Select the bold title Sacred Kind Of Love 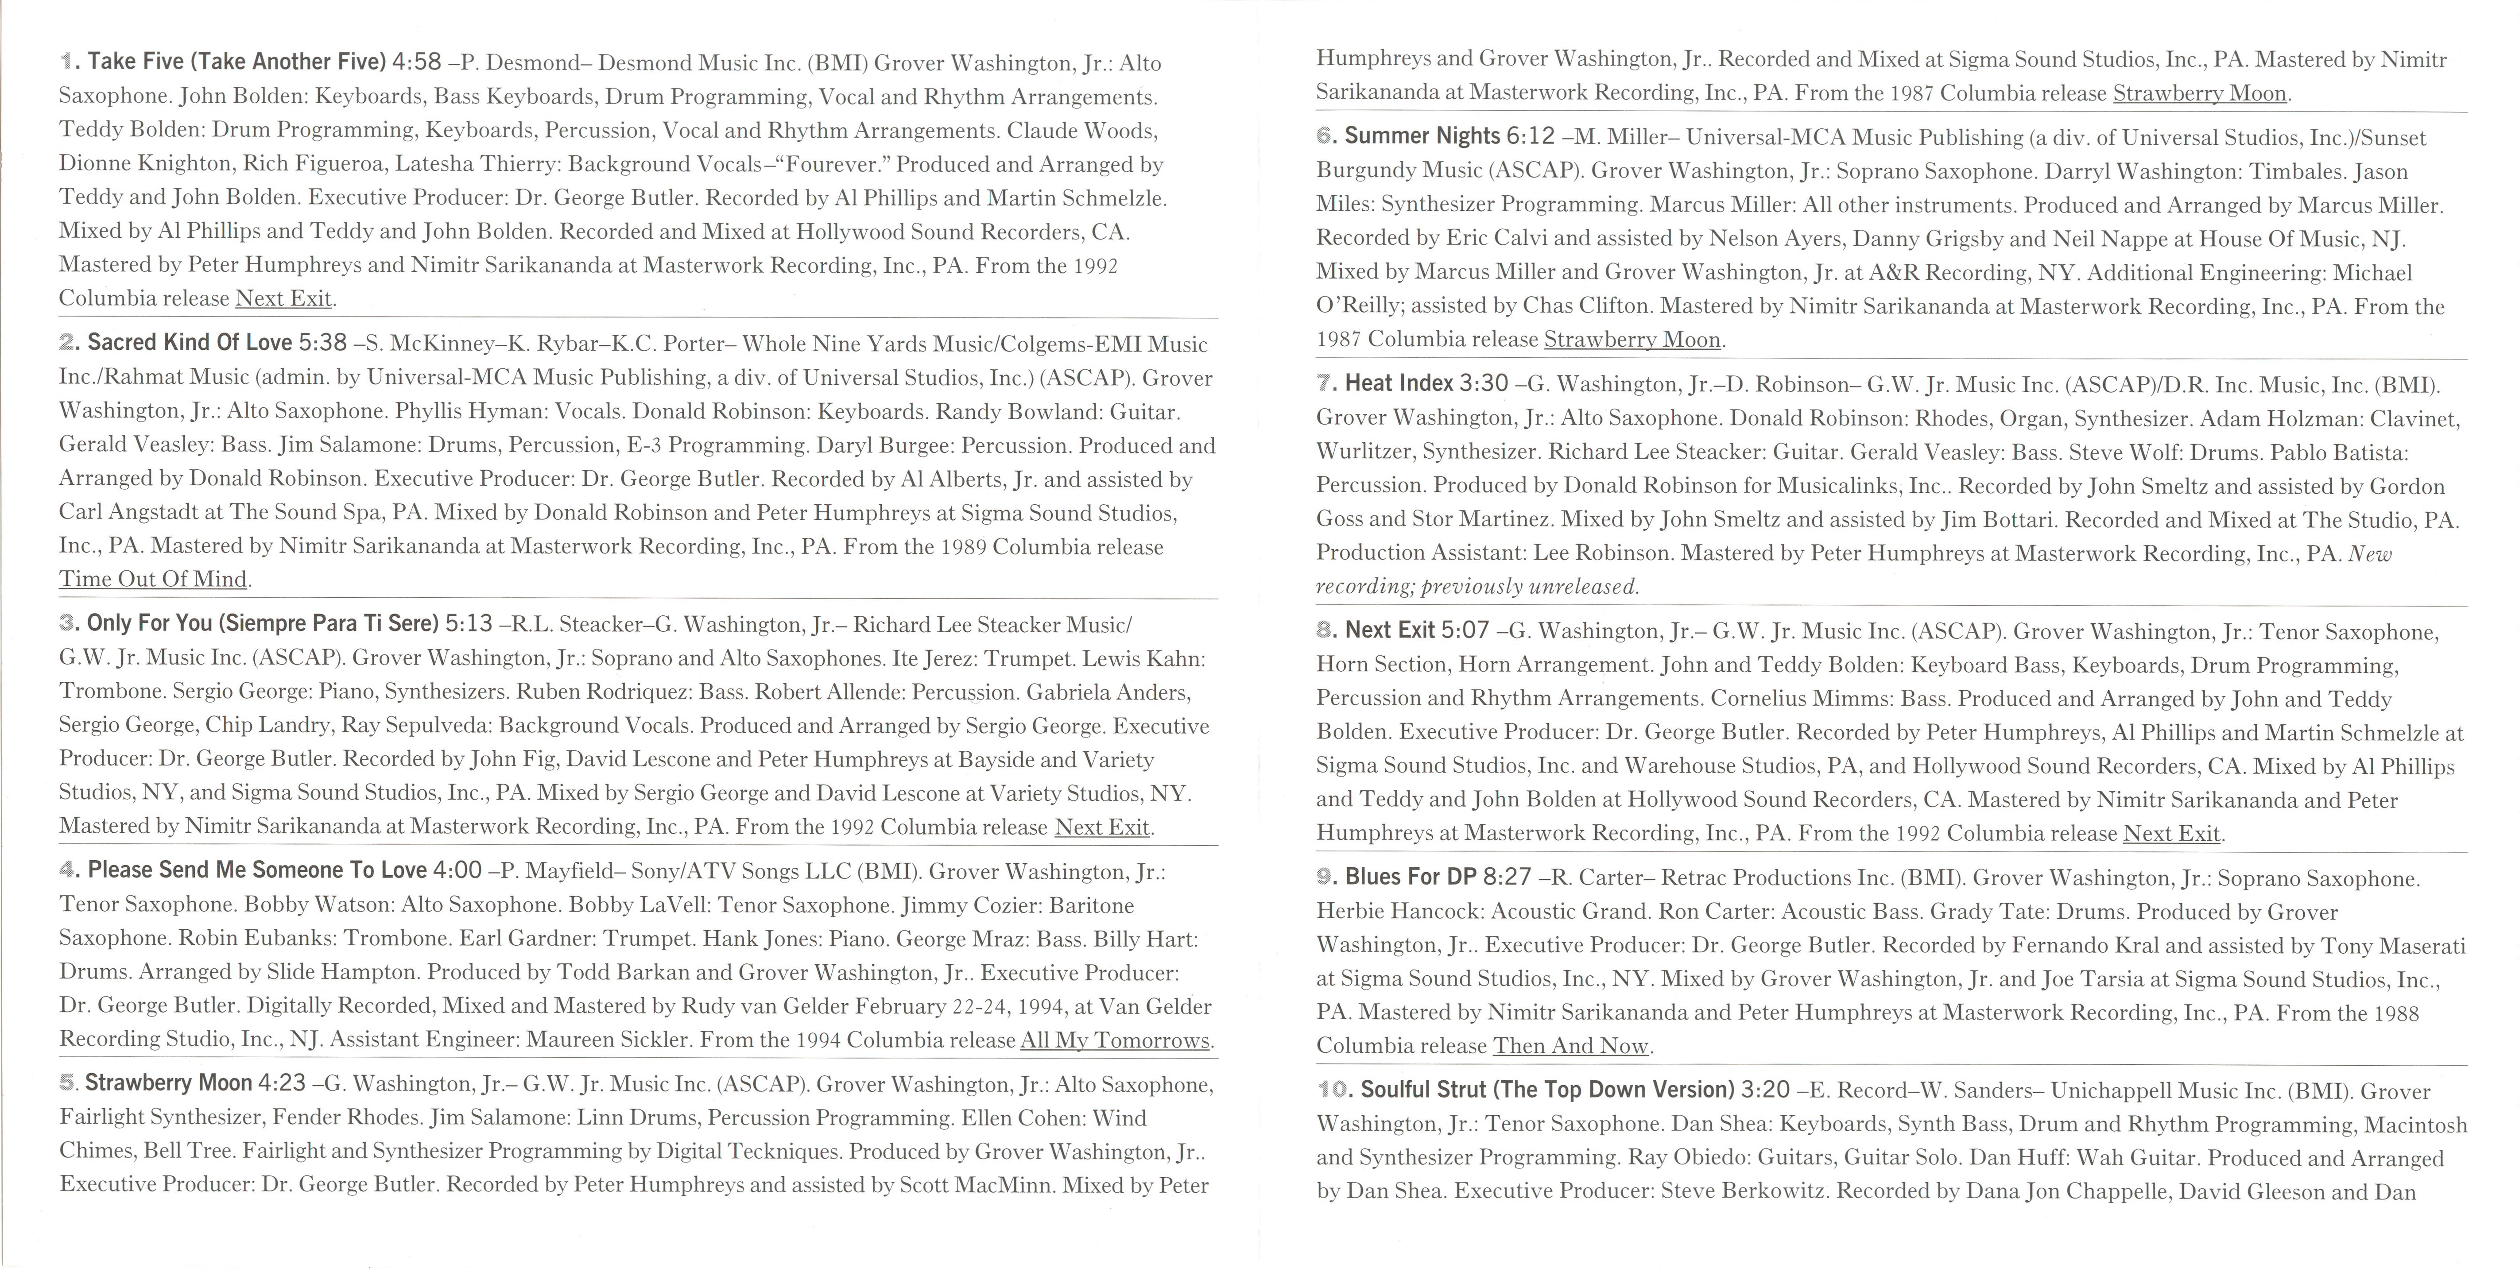coord(190,342)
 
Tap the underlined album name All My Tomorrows coord(1115,1040)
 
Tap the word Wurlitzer coord(1363,452)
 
